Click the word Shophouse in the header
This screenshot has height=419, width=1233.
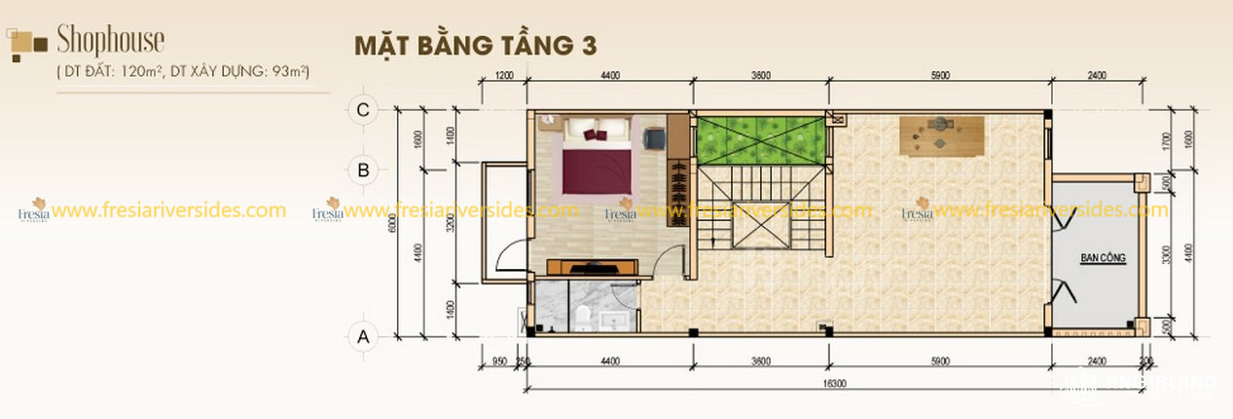tap(110, 41)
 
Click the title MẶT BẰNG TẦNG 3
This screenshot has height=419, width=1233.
tap(474, 46)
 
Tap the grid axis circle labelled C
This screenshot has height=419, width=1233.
tap(363, 110)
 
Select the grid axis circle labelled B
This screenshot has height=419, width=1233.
tap(363, 170)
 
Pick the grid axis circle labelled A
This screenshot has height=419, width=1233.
tap(363, 337)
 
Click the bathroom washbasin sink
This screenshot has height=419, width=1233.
tap(616, 319)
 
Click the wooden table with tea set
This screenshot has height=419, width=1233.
tap(940, 134)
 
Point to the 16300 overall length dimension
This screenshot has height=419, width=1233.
tap(833, 384)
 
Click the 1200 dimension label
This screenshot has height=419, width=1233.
tap(503, 75)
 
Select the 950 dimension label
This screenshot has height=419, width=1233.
tap(499, 361)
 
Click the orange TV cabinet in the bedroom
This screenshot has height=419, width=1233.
tap(592, 266)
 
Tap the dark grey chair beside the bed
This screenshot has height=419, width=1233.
tap(653, 139)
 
